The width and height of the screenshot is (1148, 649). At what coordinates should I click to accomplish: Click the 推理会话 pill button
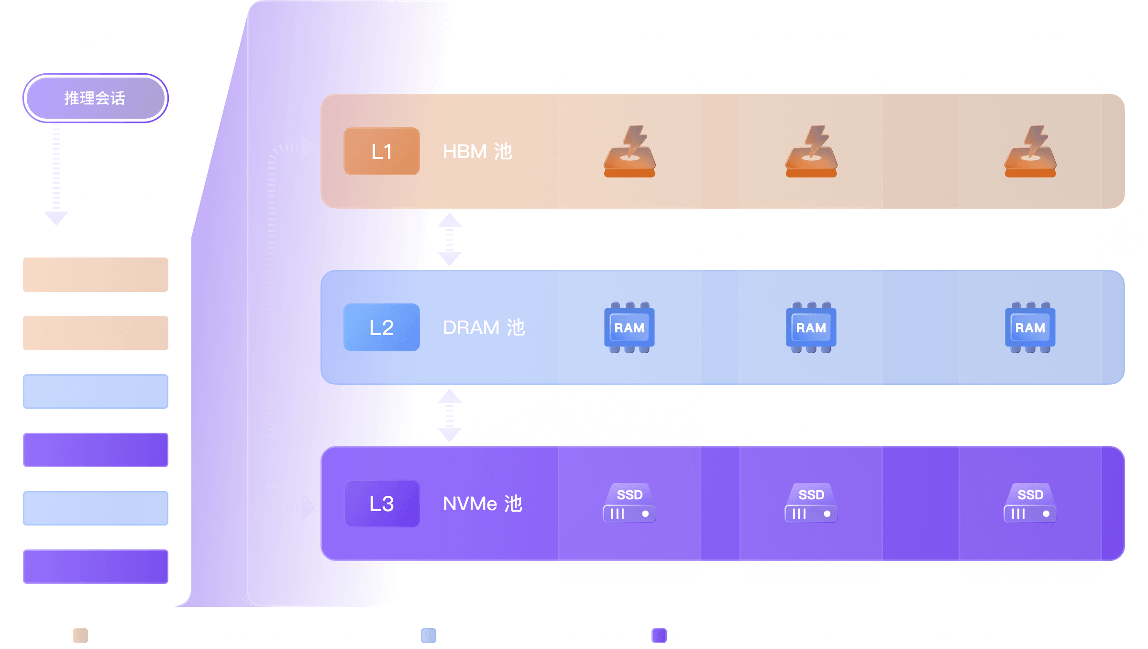pyautogui.click(x=95, y=98)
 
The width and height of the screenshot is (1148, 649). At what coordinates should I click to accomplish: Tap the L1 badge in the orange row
pyautogui.click(x=381, y=151)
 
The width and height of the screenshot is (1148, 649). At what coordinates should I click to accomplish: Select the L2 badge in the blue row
pyautogui.click(x=381, y=327)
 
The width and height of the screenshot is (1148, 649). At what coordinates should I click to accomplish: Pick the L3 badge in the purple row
pyautogui.click(x=381, y=504)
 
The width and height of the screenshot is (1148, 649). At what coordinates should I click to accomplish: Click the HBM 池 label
pyautogui.click(x=477, y=151)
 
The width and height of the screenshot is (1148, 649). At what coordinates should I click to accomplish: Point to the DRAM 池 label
pyautogui.click(x=483, y=327)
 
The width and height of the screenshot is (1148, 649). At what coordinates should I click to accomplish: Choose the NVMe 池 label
pyautogui.click(x=482, y=504)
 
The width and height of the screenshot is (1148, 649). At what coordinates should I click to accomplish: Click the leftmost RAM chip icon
pyautogui.click(x=629, y=328)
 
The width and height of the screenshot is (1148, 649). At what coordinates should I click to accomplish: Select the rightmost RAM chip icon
pyautogui.click(x=1030, y=328)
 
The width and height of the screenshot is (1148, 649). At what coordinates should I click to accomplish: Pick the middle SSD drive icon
pyautogui.click(x=811, y=503)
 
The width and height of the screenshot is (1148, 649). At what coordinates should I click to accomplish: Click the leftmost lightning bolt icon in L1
pyautogui.click(x=629, y=151)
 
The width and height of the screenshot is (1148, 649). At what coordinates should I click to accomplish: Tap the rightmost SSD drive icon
pyautogui.click(x=1030, y=503)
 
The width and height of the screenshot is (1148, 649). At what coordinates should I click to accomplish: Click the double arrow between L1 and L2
pyautogui.click(x=450, y=239)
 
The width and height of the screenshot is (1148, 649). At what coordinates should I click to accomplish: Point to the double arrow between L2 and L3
pyautogui.click(x=450, y=415)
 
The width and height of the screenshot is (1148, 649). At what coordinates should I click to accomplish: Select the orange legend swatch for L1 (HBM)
pyautogui.click(x=80, y=636)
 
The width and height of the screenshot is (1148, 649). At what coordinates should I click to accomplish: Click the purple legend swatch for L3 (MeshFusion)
pyautogui.click(x=659, y=636)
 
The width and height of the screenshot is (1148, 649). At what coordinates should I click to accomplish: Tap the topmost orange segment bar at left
pyautogui.click(x=96, y=275)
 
